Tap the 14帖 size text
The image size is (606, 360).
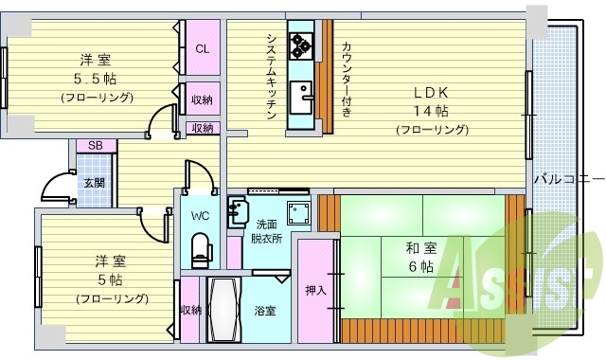(x=432, y=111)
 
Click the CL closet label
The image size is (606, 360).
(x=202, y=49)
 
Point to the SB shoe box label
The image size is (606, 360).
(x=96, y=145)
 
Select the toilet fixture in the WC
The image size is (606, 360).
(x=199, y=248)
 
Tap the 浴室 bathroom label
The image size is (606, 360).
(x=264, y=310)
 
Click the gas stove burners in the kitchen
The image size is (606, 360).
(x=302, y=45)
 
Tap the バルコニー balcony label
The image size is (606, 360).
(x=569, y=177)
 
